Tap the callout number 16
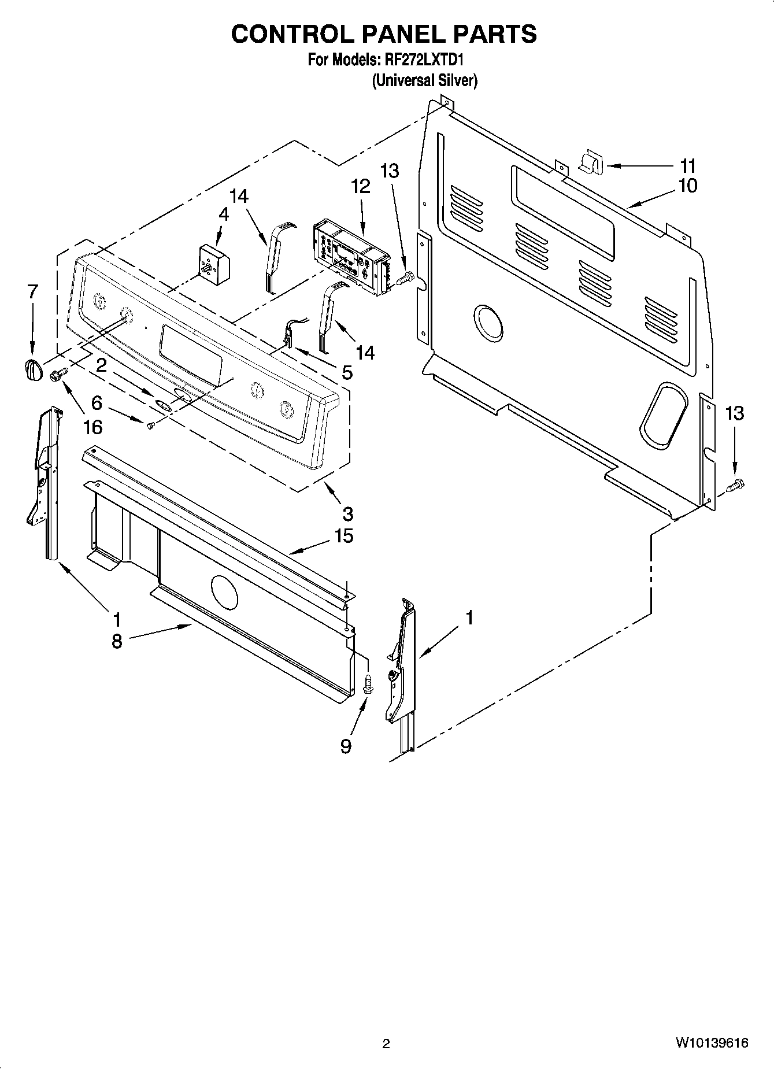tap(92, 427)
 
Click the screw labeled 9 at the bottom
tap(367, 685)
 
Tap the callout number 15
tap(343, 535)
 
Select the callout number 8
tap(117, 641)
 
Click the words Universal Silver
tap(424, 80)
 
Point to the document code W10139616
tap(710, 1043)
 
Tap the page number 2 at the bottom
tap(386, 1044)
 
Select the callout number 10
tap(688, 186)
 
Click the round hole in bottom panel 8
tap(224, 592)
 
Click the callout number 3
tap(347, 513)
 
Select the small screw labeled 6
tap(150, 426)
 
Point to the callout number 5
tap(346, 372)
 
